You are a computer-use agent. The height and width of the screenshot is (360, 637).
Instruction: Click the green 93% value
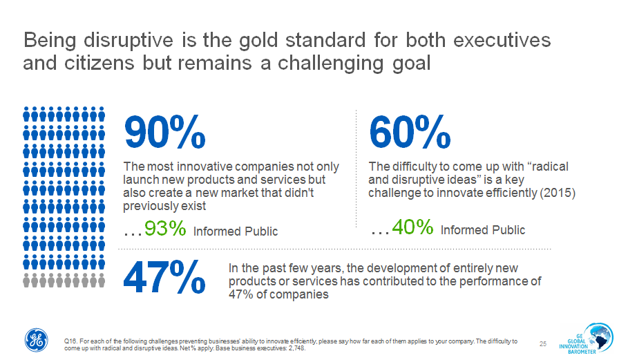(x=165, y=229)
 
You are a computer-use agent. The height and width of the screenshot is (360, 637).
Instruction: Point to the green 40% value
(x=412, y=227)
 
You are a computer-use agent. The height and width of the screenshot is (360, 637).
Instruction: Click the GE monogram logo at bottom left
(x=37, y=339)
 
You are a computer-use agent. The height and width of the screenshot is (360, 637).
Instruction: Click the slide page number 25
(x=542, y=343)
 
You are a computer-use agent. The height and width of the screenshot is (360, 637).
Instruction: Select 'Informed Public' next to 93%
(x=236, y=231)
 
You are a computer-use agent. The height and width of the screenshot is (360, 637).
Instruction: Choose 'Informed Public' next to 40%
(x=483, y=230)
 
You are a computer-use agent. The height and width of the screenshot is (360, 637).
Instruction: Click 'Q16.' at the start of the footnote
(x=70, y=341)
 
